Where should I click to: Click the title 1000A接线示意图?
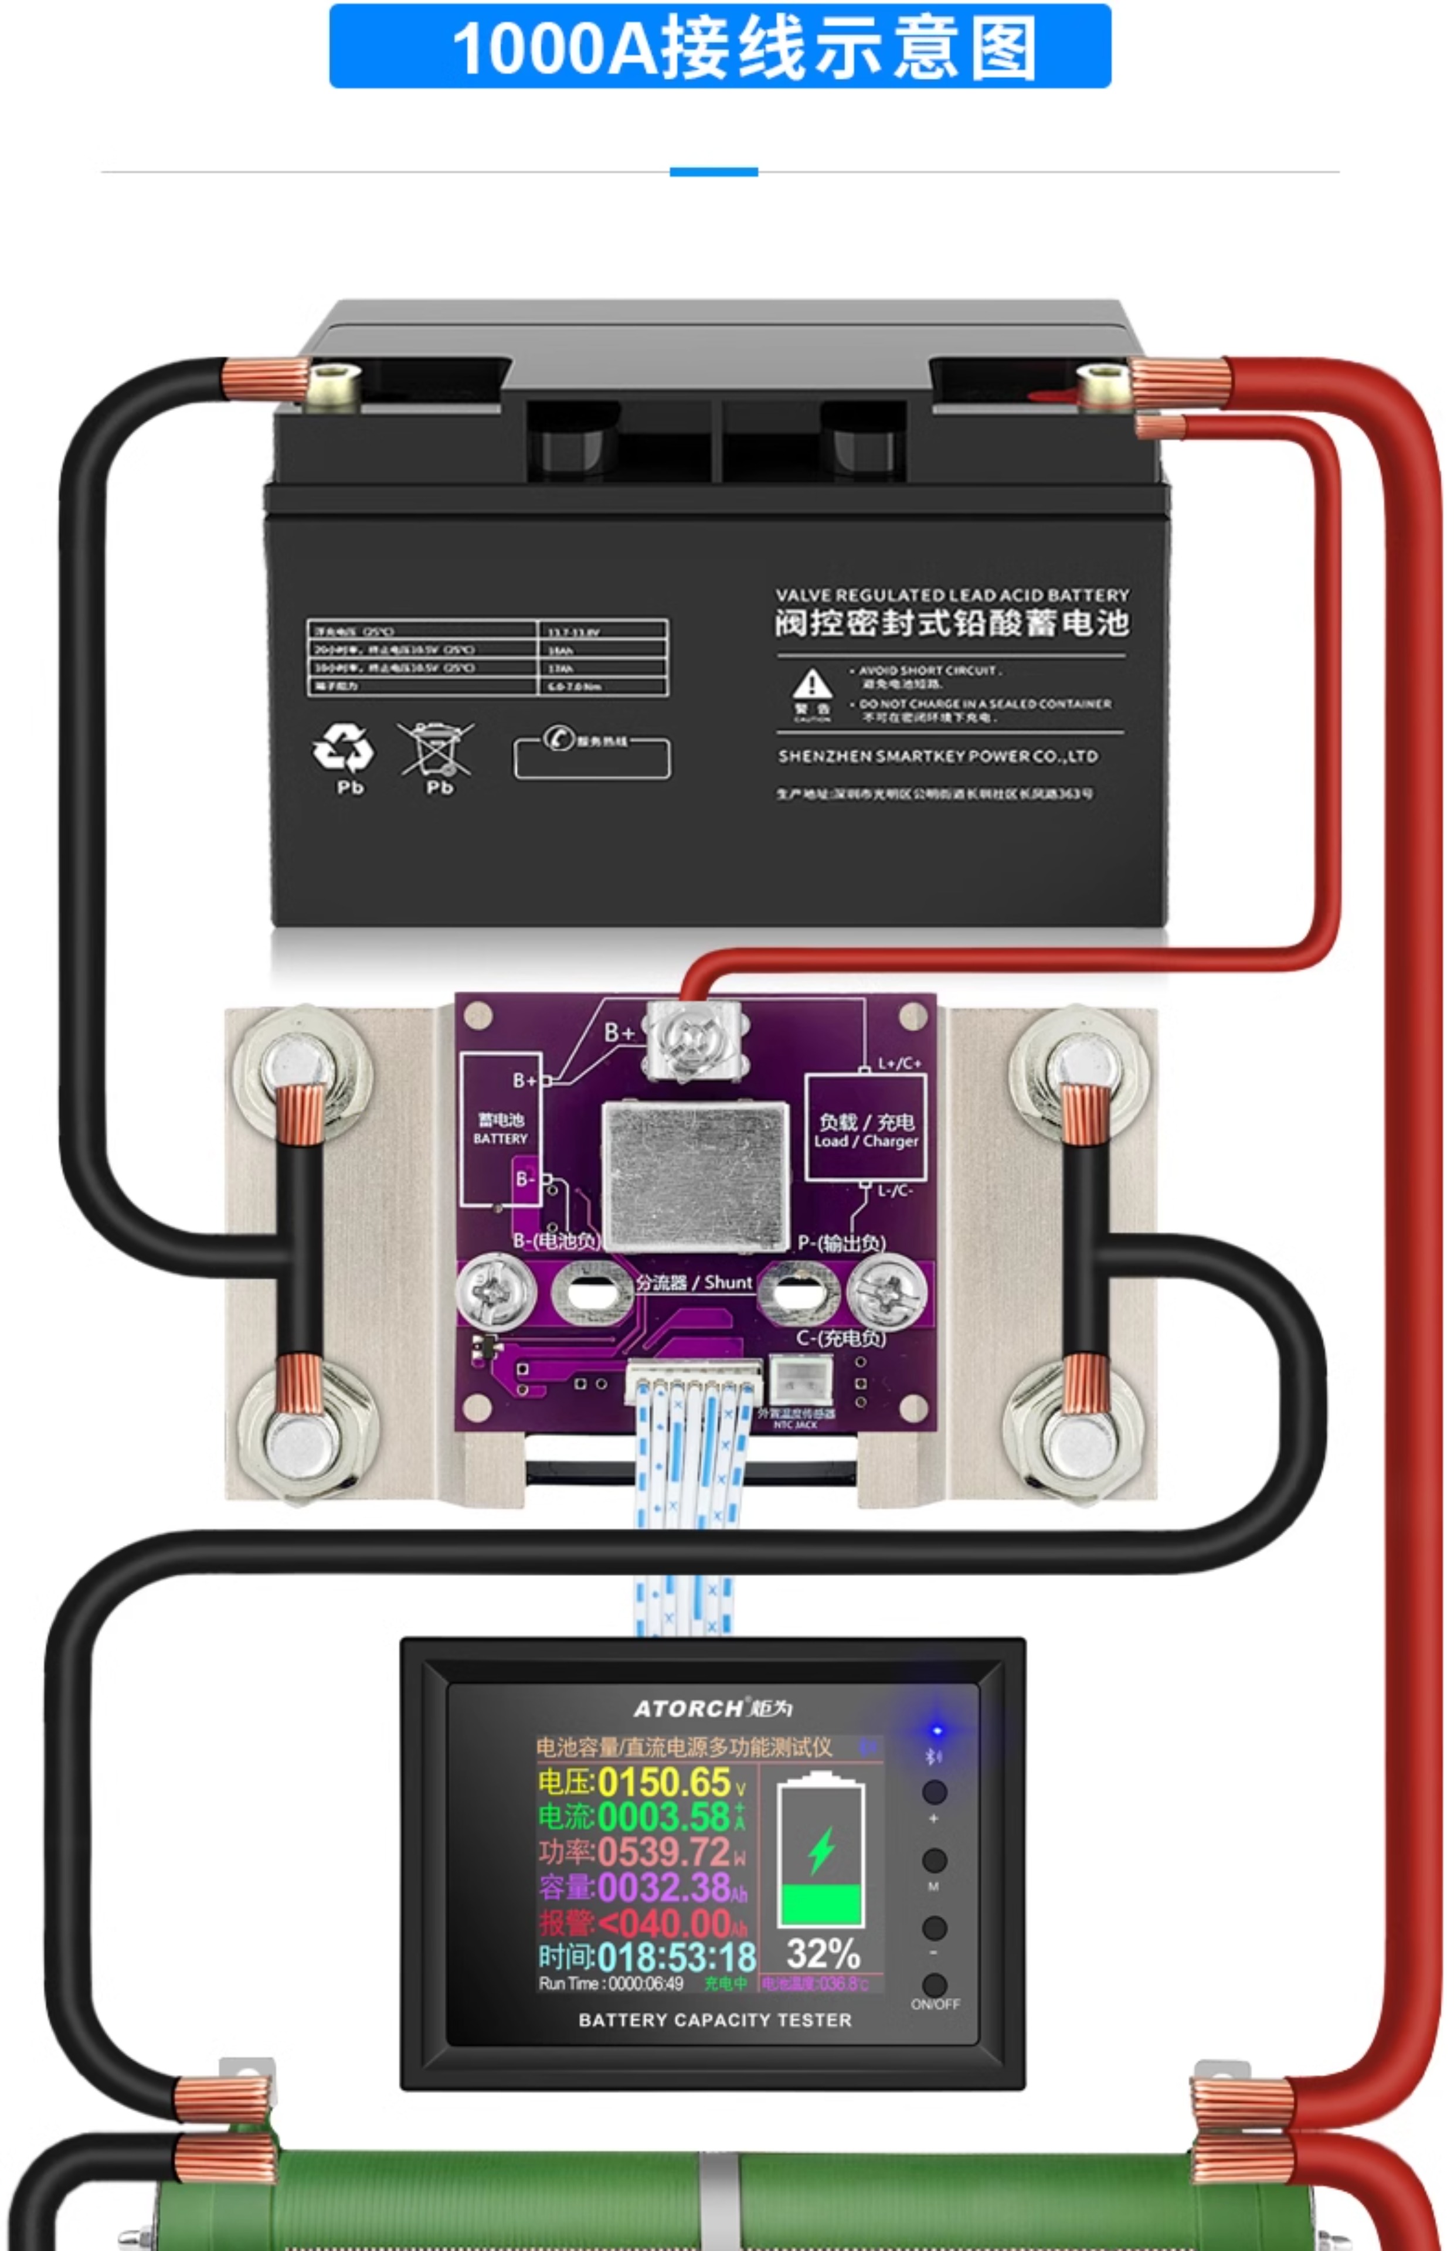click(719, 47)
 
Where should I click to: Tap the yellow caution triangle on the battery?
click(811, 684)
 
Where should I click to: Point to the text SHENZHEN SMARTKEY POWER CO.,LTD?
click(937, 756)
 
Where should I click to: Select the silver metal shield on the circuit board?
click(696, 1175)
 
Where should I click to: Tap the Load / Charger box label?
click(865, 1131)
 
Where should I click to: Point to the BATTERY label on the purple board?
click(501, 1139)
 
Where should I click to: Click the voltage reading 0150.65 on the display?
click(664, 1782)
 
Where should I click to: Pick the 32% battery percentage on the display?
click(823, 1952)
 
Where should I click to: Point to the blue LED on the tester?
click(937, 1731)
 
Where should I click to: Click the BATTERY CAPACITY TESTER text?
click(715, 2020)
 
